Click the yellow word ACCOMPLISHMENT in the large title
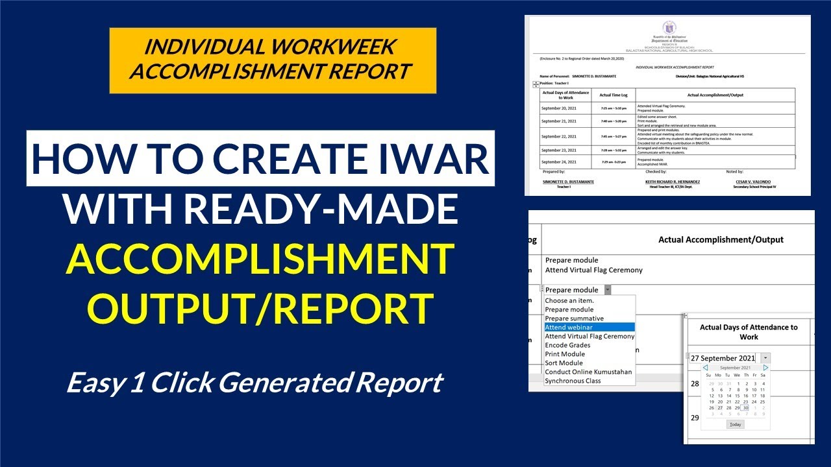(260, 259)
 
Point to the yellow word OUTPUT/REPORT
(260, 308)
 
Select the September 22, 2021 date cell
(558, 136)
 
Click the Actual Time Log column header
(614, 95)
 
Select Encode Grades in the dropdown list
(567, 345)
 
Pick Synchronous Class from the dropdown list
(573, 381)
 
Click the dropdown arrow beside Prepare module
(608, 290)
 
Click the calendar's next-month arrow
(765, 368)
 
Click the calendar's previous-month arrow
(706, 368)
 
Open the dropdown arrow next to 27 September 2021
(765, 358)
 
